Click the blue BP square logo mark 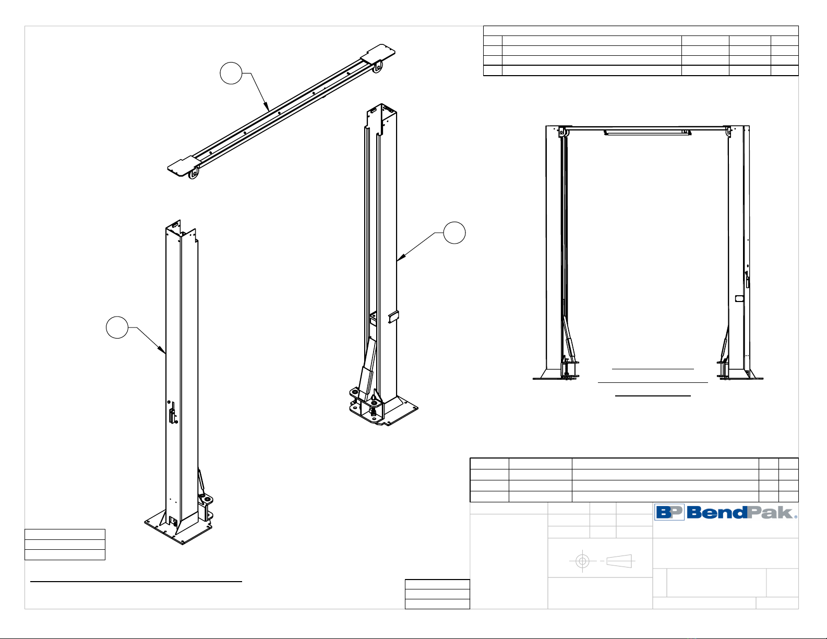pyautogui.click(x=669, y=512)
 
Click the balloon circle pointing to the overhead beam pyautogui.click(x=231, y=73)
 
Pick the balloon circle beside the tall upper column pyautogui.click(x=454, y=233)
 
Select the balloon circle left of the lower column pyautogui.click(x=117, y=327)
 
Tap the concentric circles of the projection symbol pyautogui.click(x=582, y=561)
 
